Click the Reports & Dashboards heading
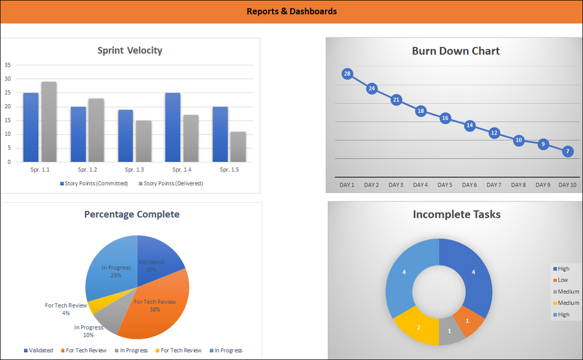(x=291, y=12)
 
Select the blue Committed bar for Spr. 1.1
(x=30, y=127)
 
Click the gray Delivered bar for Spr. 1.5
(x=239, y=147)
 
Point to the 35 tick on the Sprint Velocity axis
(x=8, y=65)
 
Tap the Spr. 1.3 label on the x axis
(x=134, y=170)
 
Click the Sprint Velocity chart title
(x=130, y=51)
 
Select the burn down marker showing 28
(x=347, y=74)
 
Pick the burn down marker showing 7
(x=567, y=151)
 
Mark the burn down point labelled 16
(x=445, y=118)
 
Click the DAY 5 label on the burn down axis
(x=445, y=185)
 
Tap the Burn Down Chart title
(x=455, y=51)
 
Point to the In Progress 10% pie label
(x=88, y=331)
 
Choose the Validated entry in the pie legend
(x=39, y=350)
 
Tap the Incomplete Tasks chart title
(x=456, y=214)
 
